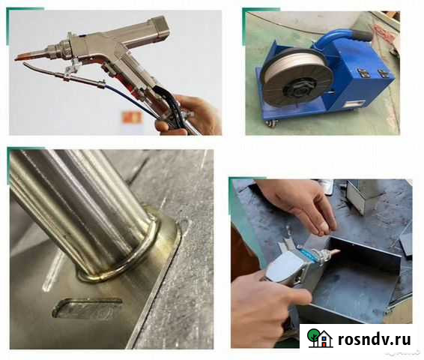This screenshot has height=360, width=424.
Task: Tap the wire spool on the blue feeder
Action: tap(297, 78)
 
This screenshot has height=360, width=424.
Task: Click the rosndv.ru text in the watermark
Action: tap(375, 339)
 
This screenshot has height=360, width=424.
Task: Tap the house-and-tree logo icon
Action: tap(320, 337)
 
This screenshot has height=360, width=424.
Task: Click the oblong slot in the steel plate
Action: tap(87, 308)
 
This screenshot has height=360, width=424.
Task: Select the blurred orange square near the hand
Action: tap(132, 118)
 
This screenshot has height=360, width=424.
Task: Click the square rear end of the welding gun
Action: tap(160, 28)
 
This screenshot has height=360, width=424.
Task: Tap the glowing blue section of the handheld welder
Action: tap(307, 252)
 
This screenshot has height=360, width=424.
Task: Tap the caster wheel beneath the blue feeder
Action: tap(271, 123)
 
